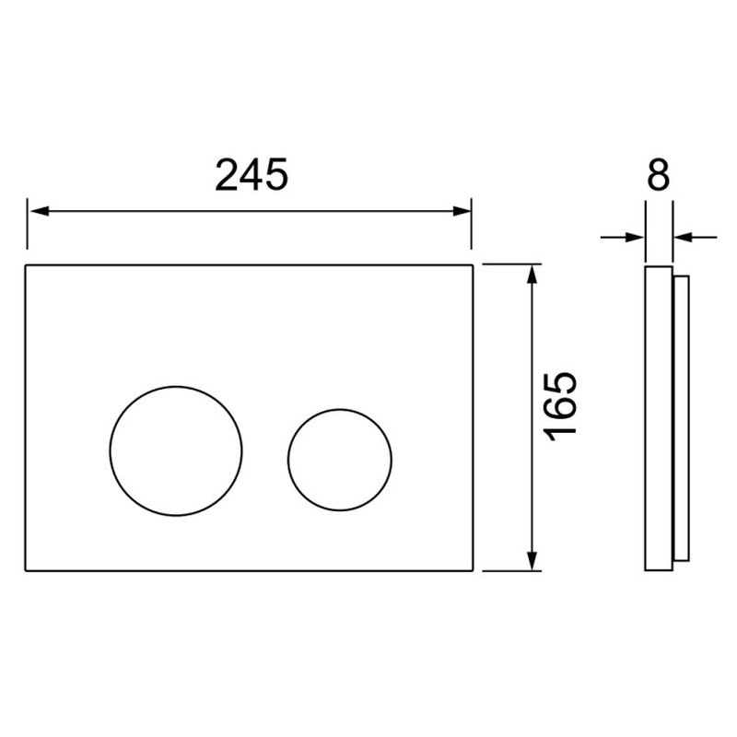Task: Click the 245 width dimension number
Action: [x=251, y=175]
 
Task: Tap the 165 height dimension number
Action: [x=560, y=407]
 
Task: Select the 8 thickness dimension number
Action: [x=658, y=175]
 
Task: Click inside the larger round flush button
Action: [x=176, y=451]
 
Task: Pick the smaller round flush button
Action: [x=340, y=460]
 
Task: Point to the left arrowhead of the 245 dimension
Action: [x=39, y=211]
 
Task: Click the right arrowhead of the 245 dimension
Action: [x=462, y=211]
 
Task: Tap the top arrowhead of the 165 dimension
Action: [x=532, y=274]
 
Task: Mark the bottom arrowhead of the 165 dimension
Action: [x=532, y=561]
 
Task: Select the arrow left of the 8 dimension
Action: [x=622, y=238]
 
